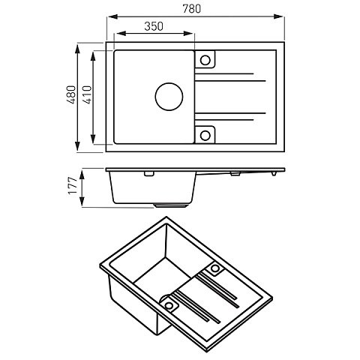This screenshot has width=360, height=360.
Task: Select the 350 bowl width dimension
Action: point(152,25)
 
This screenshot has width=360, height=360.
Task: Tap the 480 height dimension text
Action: point(70,95)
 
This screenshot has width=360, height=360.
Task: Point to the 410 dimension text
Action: point(86,95)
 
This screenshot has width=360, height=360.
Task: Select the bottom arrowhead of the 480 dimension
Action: point(79,149)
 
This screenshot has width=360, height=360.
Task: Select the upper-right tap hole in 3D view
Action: point(217,268)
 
